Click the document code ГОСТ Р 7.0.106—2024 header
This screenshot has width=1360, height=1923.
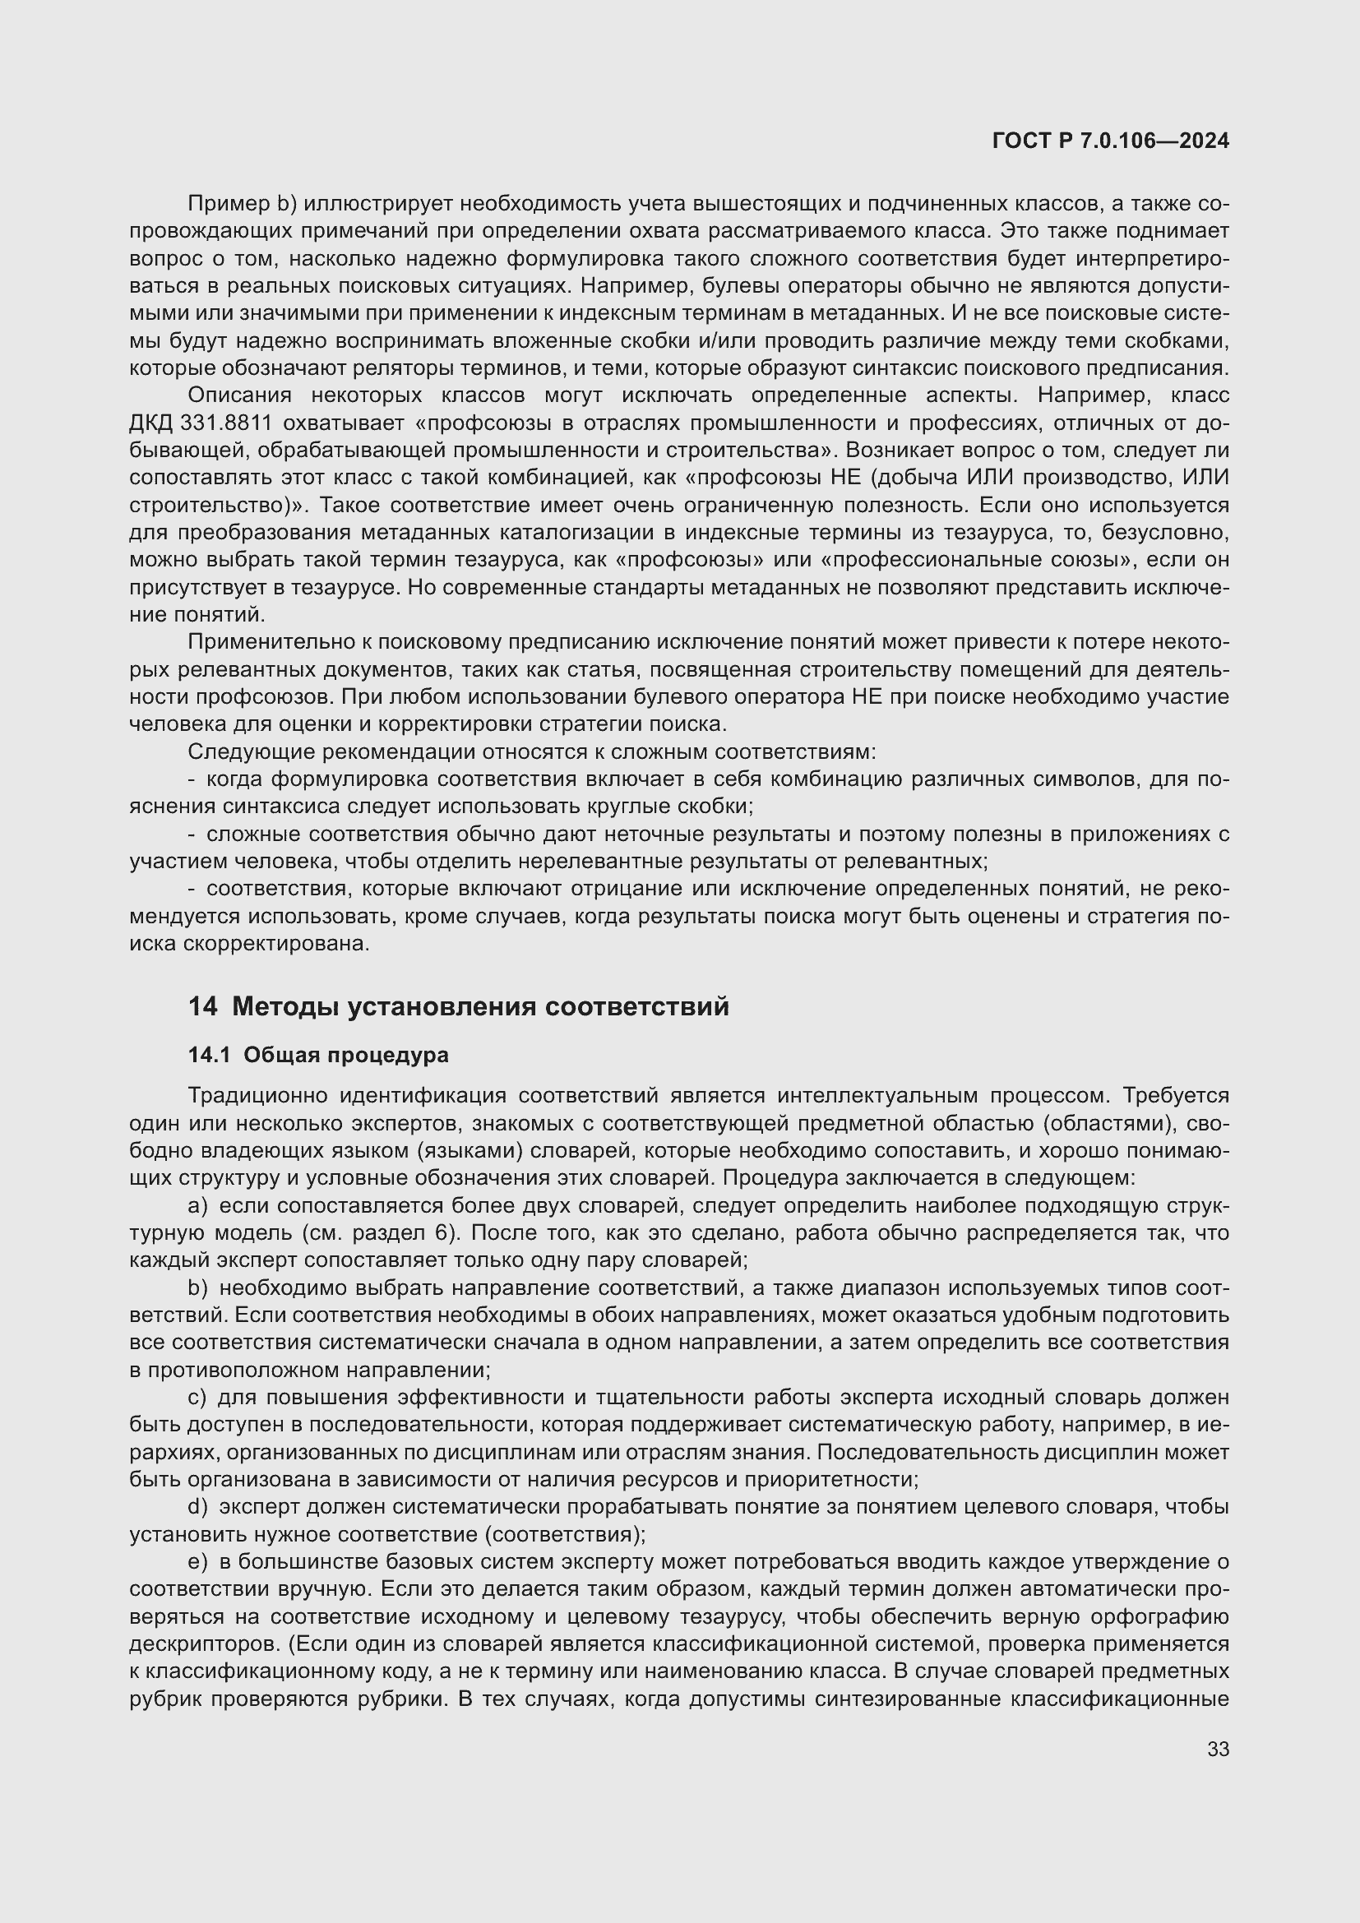point(1110,141)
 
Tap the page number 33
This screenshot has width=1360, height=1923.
point(1218,1749)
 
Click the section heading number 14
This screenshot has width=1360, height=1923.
point(201,1005)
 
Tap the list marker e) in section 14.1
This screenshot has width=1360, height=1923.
point(197,1561)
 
